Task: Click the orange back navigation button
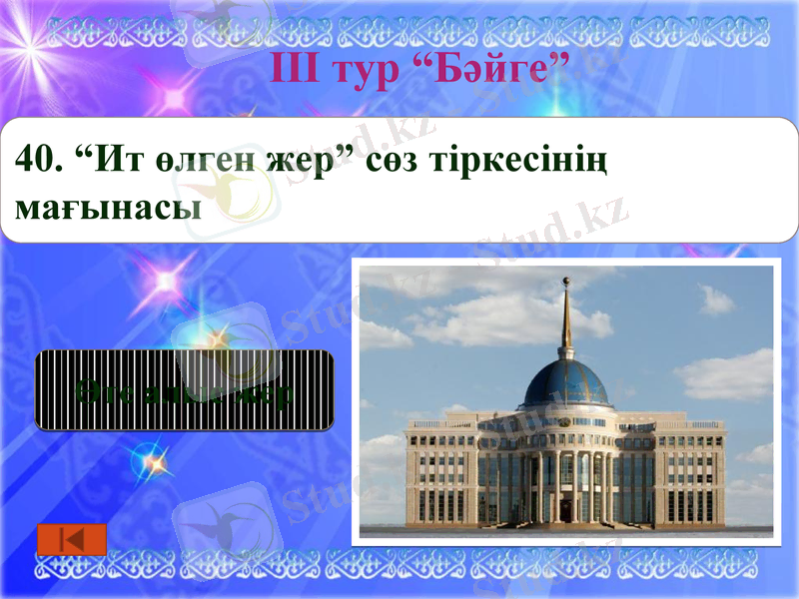(x=72, y=540)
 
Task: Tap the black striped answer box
(x=185, y=390)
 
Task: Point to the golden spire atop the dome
(x=566, y=319)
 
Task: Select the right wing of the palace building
(x=689, y=474)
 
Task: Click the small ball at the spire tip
(x=566, y=280)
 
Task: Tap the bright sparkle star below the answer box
(x=153, y=461)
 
